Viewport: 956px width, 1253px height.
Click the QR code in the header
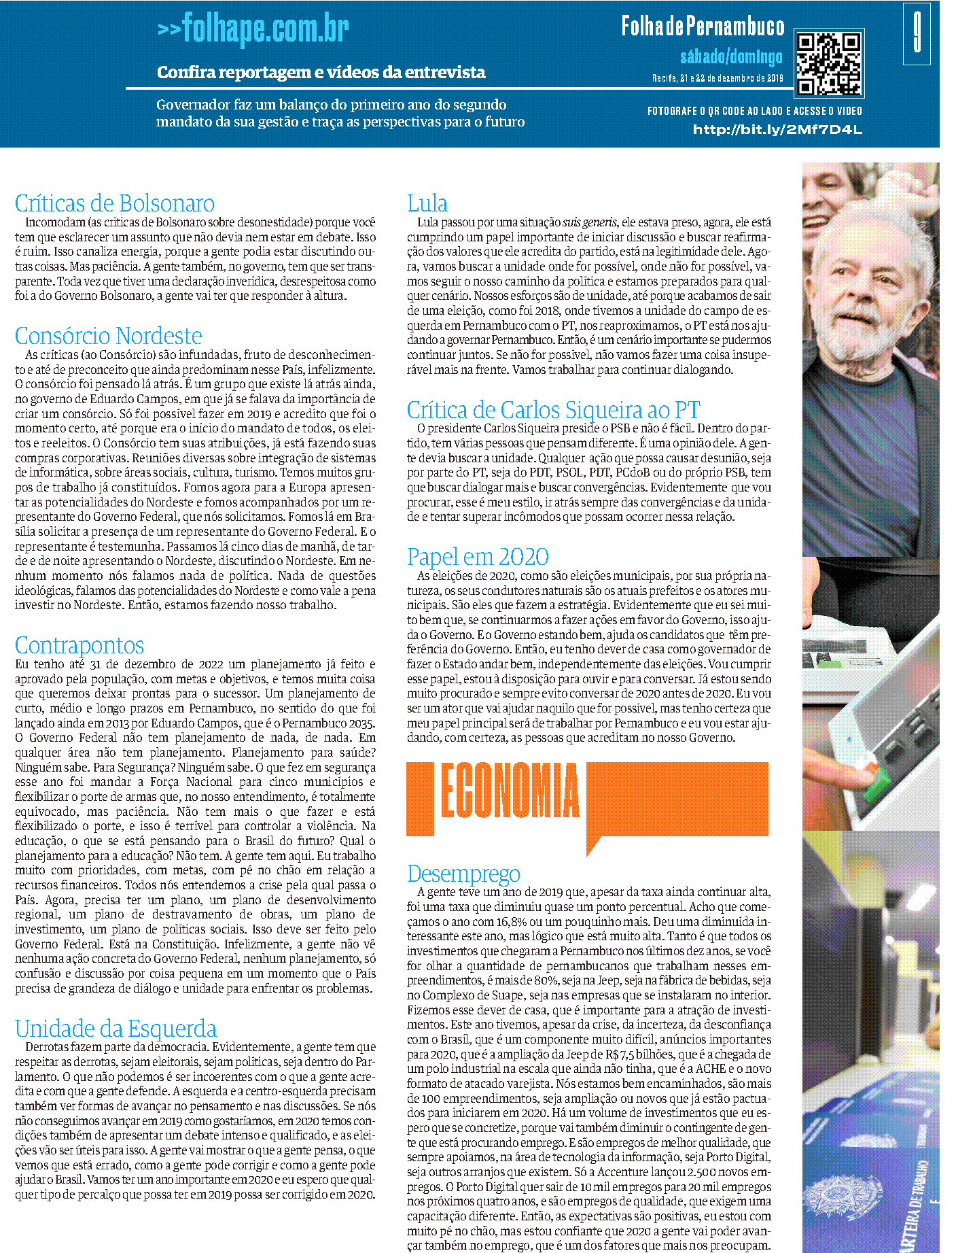(829, 63)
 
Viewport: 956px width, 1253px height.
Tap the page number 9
(917, 33)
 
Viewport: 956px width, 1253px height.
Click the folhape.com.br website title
(253, 29)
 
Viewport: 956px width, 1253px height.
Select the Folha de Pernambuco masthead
(703, 27)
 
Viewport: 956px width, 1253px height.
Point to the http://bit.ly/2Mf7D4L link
(777, 130)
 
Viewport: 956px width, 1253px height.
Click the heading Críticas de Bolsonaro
(115, 203)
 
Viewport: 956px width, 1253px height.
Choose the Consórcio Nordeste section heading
(109, 336)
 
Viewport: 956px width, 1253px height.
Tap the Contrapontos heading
(79, 645)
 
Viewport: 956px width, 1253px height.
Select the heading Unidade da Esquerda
(116, 1029)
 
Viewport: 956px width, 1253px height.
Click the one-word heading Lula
(427, 203)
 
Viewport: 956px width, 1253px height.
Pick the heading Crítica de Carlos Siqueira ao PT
(553, 410)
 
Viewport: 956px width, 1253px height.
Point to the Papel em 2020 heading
(478, 557)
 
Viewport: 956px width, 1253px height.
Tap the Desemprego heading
(463, 874)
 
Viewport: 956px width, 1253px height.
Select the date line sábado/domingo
(731, 57)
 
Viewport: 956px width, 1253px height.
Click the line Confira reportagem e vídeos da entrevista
(321, 72)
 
